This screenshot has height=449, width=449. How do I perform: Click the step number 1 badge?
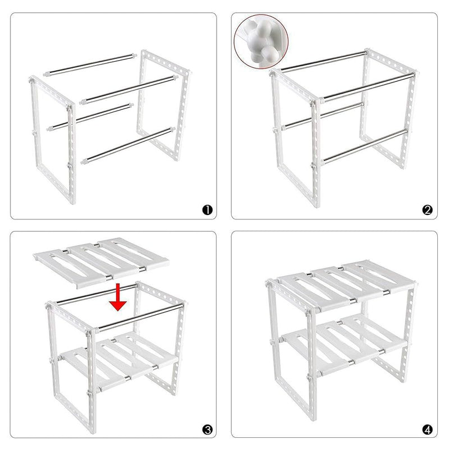click(207, 210)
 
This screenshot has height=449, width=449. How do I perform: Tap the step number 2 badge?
click(428, 210)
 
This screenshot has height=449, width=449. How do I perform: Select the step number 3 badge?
click(207, 430)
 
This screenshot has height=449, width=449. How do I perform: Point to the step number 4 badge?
click(428, 430)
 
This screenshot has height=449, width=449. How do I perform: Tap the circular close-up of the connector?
click(261, 41)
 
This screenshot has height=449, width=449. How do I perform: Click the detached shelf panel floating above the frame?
click(101, 262)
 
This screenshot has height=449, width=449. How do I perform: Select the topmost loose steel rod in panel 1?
click(90, 65)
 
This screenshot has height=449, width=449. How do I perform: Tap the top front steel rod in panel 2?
click(367, 87)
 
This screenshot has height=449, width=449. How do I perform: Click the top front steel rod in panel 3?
click(139, 318)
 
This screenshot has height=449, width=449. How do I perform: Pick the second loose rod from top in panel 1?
click(129, 90)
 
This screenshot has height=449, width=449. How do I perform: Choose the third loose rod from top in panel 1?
click(90, 117)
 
